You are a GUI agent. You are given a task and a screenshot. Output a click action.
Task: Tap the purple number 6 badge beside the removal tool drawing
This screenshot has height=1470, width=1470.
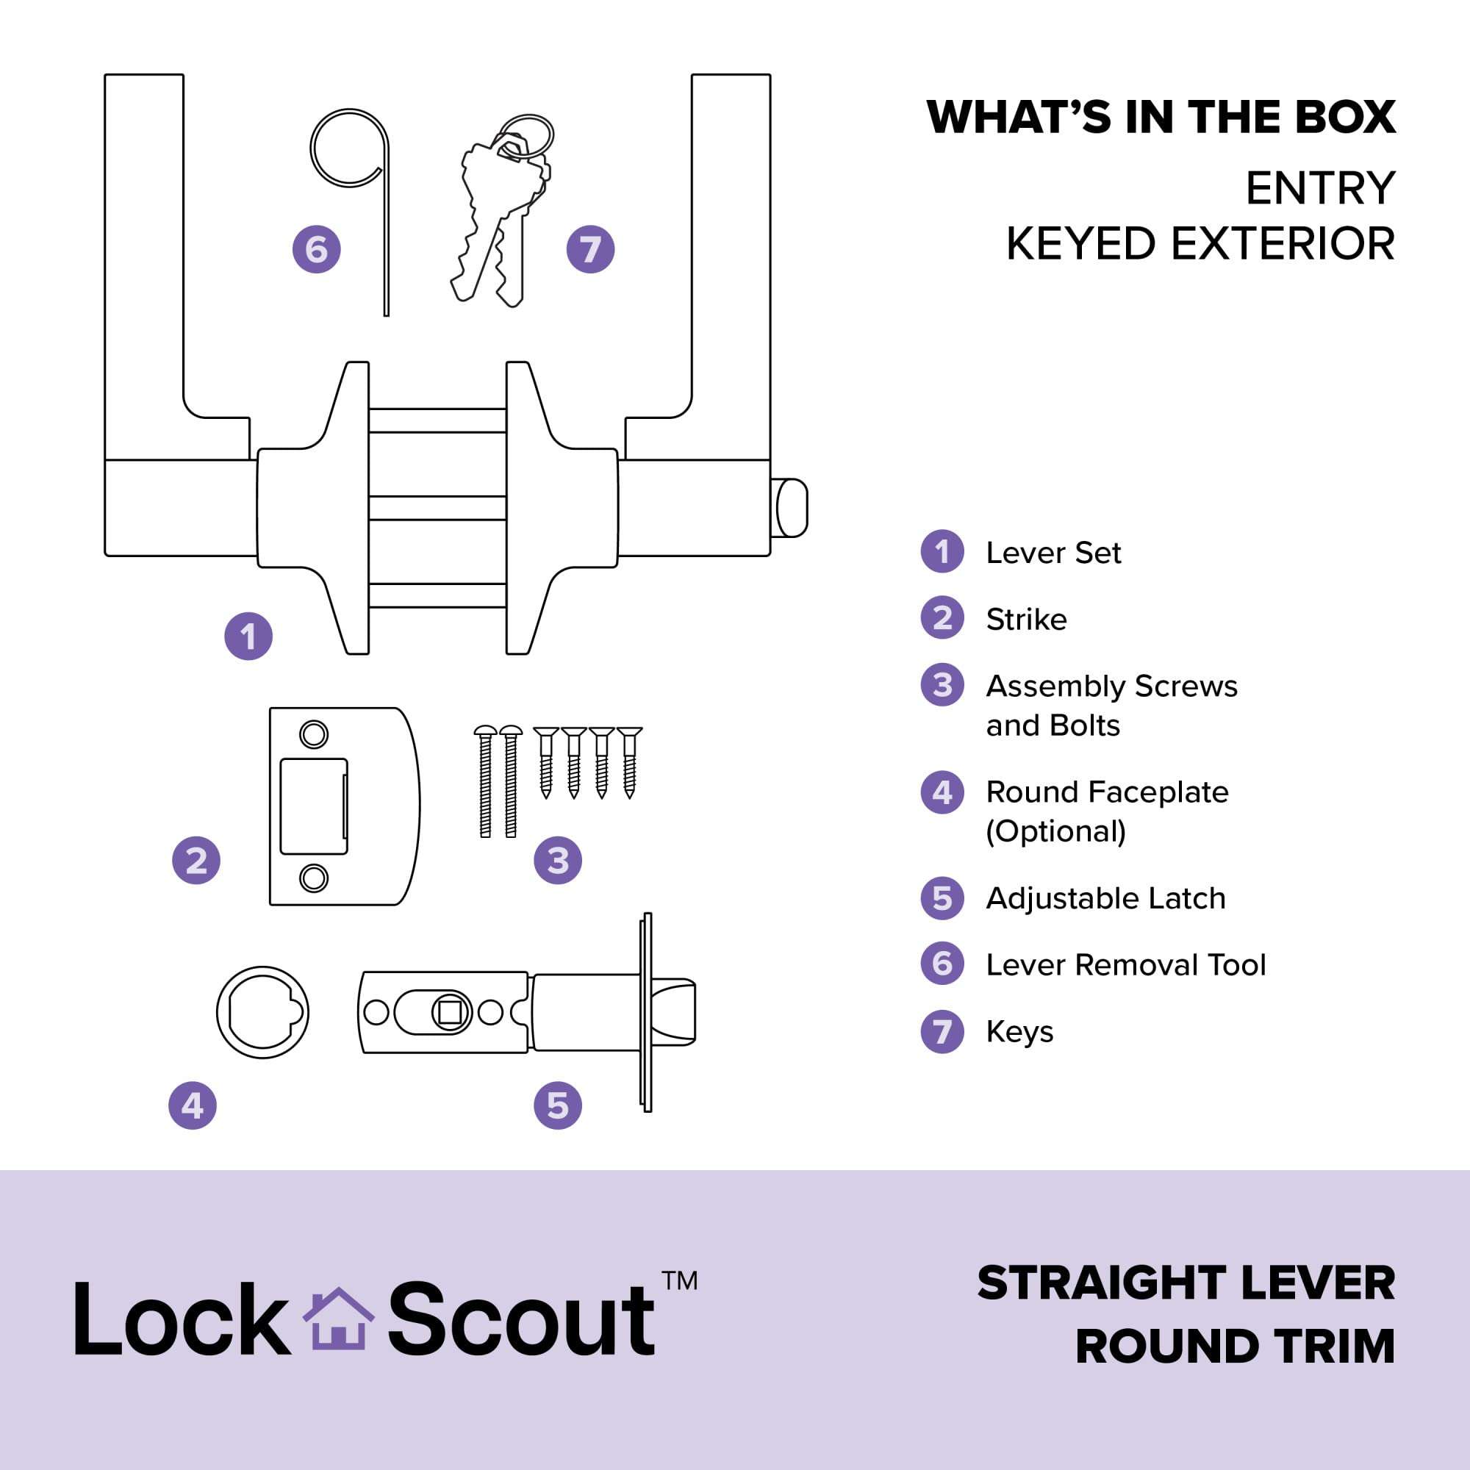[x=317, y=249]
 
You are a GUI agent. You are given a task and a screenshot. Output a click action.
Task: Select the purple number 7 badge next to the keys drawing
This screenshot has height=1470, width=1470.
[x=590, y=249]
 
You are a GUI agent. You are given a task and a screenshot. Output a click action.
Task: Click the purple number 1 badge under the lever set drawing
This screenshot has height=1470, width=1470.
[x=248, y=636]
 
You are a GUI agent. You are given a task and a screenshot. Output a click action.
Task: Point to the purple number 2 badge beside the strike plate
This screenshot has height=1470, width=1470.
[x=196, y=861]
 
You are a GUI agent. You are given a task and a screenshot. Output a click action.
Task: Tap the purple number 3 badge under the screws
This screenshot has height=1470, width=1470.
[x=558, y=861]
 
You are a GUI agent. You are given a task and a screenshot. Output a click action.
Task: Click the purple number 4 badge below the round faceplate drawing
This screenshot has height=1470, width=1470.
[x=193, y=1105]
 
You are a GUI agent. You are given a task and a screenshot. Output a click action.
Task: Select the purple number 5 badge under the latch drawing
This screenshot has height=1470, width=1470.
[x=558, y=1105]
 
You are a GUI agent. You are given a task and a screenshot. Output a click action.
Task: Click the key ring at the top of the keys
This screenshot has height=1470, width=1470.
[x=529, y=135]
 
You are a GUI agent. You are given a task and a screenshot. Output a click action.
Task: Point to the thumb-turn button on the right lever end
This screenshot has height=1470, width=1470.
[x=791, y=507]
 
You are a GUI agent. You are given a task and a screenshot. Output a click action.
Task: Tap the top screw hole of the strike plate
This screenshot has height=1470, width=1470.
[x=314, y=735]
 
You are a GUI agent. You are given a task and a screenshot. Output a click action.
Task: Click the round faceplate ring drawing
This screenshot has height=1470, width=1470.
[x=262, y=1013]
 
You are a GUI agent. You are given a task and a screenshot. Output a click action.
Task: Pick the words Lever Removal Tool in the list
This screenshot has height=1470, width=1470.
[x=1125, y=965]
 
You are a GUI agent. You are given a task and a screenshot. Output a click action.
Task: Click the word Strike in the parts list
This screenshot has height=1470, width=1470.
[x=1026, y=620]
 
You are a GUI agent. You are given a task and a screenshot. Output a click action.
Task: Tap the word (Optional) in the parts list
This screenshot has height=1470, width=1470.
[x=1055, y=831]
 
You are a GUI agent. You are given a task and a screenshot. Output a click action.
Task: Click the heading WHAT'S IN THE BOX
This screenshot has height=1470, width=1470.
[x=1161, y=118]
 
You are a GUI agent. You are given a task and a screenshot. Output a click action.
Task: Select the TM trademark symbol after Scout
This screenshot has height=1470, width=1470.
[x=679, y=1280]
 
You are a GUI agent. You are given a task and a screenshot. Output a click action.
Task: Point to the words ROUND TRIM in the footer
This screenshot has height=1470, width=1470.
[x=1235, y=1346]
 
